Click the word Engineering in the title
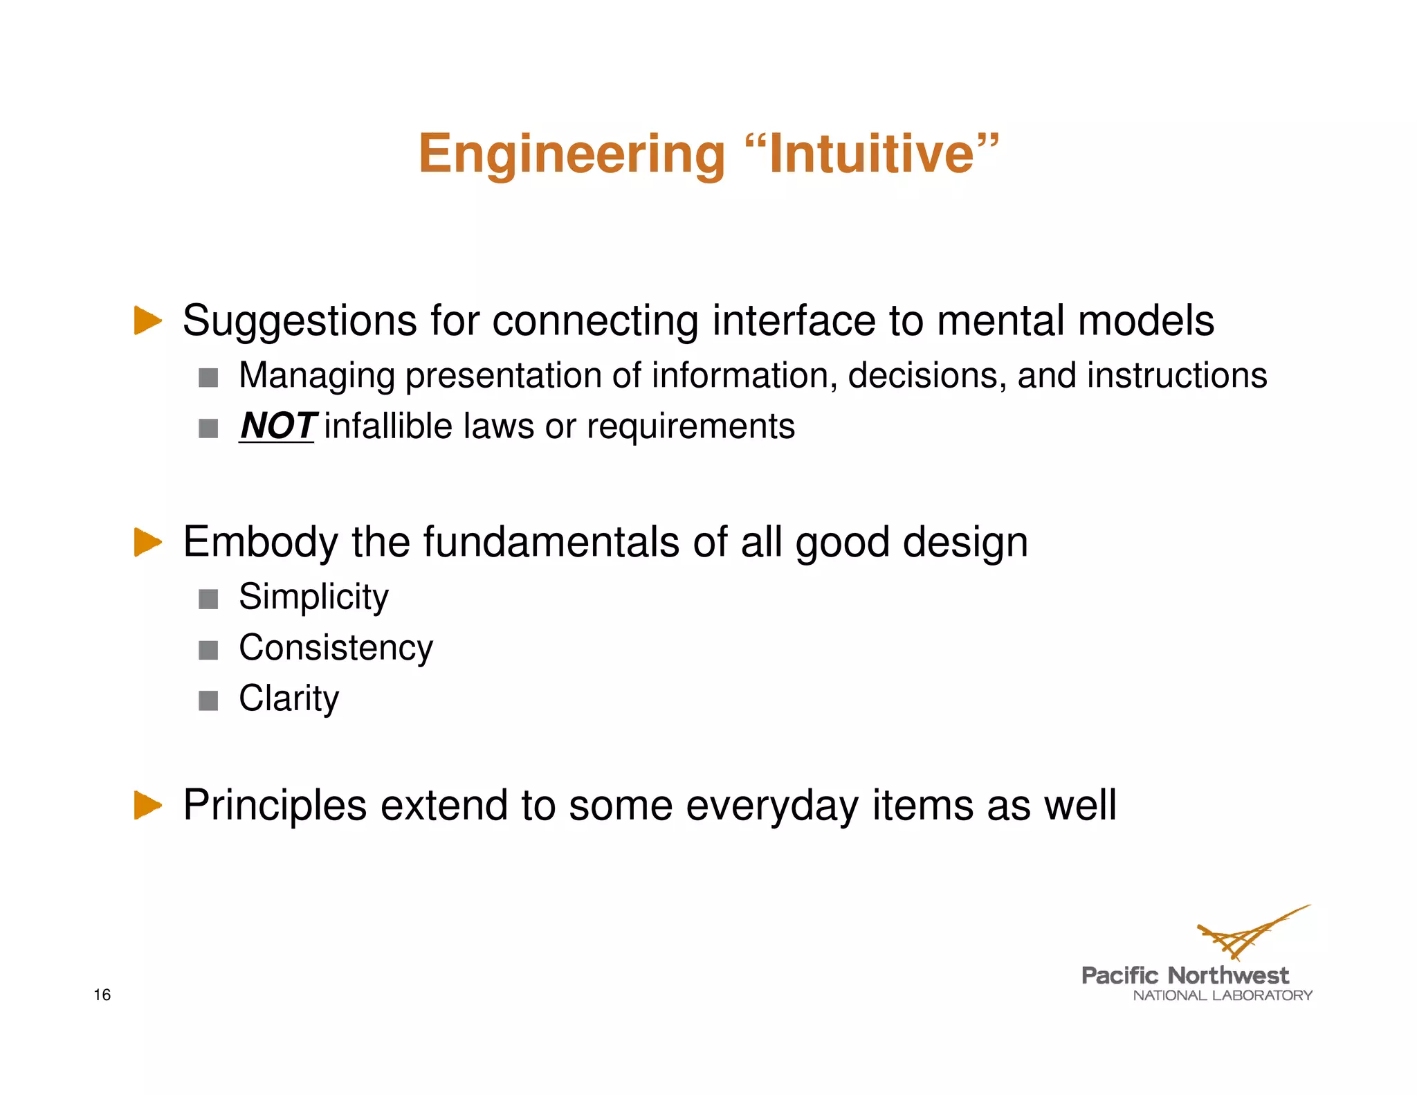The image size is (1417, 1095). point(572,154)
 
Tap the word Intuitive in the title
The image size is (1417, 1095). point(872,154)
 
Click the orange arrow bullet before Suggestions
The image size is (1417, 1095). point(147,320)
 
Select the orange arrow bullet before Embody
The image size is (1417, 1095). point(147,541)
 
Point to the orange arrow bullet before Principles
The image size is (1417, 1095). point(147,805)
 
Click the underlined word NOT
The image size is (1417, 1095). point(277,426)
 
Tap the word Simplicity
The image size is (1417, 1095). point(313,597)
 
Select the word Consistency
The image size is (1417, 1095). point(336,648)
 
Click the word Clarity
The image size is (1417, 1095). point(289,698)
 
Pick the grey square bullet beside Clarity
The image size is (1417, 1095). point(208,701)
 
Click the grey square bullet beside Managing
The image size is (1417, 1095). point(208,378)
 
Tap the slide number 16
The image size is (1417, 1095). point(102,995)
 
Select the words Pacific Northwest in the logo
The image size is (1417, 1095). point(1185,976)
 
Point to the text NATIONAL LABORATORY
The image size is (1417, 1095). point(1222,995)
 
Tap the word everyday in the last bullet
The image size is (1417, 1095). point(771,806)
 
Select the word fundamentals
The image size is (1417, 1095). point(551,542)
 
